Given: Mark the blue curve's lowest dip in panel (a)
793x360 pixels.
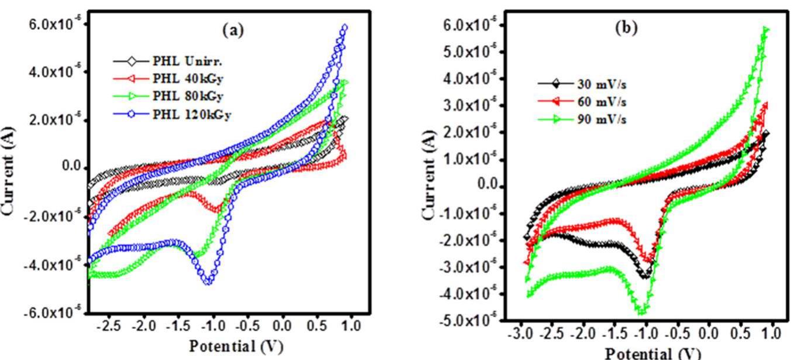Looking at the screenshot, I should (208, 282).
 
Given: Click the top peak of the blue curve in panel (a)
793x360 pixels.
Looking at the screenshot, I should (345, 27).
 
